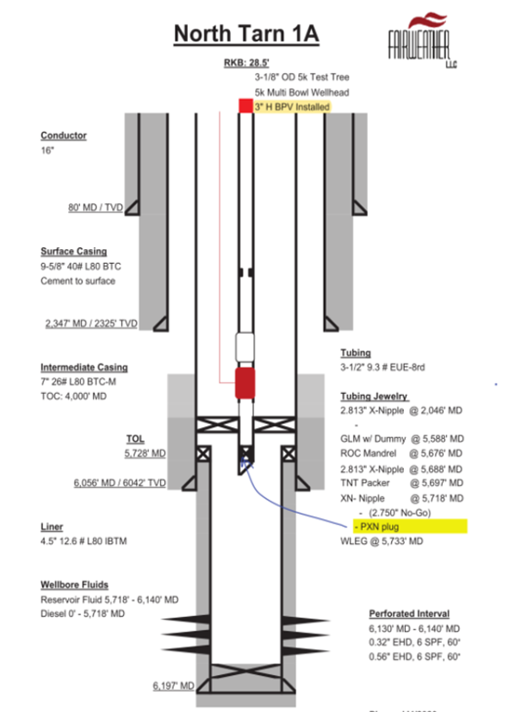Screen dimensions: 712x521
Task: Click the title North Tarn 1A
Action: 246,35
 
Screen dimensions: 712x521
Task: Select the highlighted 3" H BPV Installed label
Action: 292,106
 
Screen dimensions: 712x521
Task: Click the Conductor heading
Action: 64,135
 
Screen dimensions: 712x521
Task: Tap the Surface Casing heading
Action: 74,250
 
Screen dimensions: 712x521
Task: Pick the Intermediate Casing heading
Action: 84,368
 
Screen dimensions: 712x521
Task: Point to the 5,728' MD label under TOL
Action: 145,454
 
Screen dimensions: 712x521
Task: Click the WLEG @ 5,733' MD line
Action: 388,541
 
